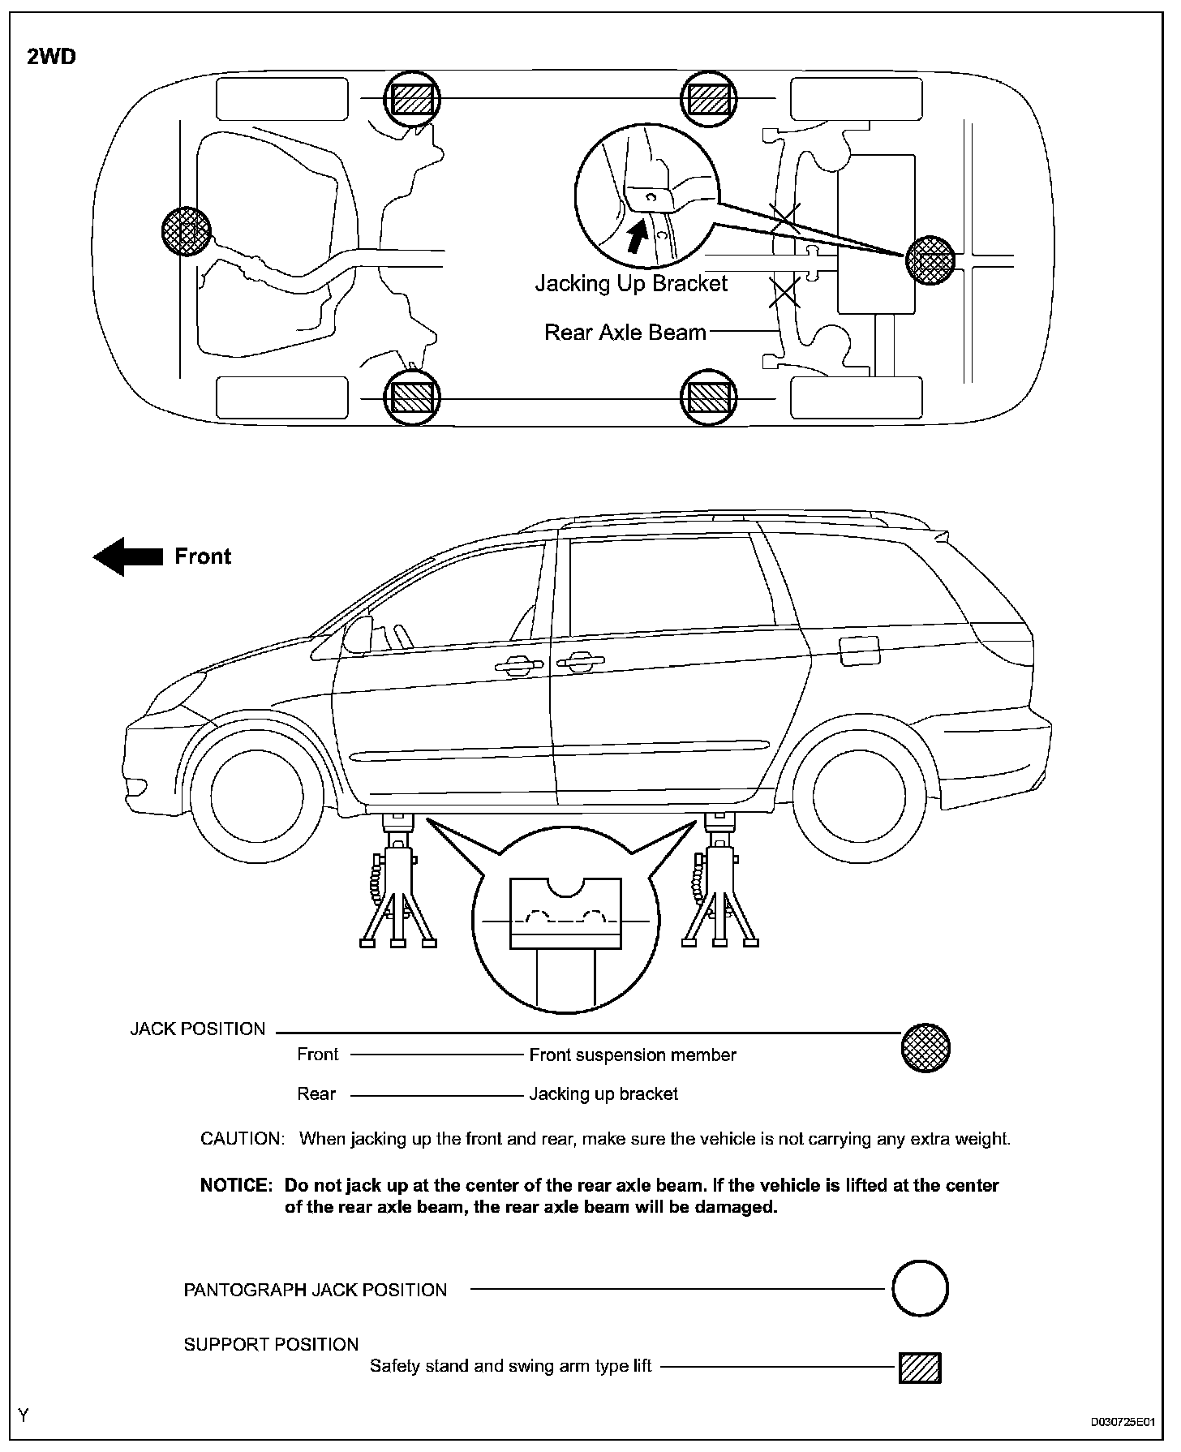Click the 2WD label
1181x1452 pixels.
(52, 58)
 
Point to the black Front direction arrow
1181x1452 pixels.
(128, 556)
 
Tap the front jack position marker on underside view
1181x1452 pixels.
(186, 231)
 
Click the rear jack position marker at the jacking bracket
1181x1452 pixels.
(929, 260)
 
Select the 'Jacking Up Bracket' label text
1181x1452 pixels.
(631, 284)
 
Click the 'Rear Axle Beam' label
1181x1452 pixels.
(625, 333)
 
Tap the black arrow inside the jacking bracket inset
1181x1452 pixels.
(639, 237)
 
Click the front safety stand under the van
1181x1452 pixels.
(397, 884)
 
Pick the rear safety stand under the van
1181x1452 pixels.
(719, 884)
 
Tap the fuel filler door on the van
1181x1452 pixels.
(860, 650)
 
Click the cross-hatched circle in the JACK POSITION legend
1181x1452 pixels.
(925, 1048)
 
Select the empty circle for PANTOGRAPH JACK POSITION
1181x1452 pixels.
(920, 1288)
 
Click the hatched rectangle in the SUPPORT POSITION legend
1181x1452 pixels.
(920, 1368)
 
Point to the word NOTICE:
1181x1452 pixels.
(235, 1185)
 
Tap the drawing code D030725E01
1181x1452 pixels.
(1122, 1422)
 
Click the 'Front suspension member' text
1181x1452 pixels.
(633, 1055)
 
